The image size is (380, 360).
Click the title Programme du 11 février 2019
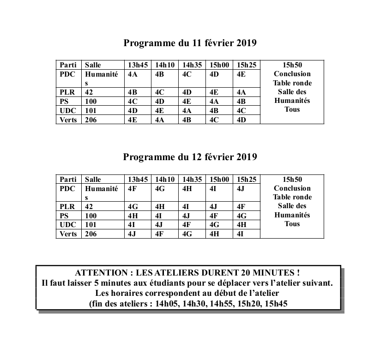point(190,43)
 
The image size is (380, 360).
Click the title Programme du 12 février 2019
point(190,157)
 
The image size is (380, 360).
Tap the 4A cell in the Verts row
point(160,120)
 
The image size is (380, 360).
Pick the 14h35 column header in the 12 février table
point(192,179)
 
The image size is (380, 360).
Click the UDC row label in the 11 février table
point(67,111)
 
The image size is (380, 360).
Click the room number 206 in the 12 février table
point(90,234)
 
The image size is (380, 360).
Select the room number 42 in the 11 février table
point(89,92)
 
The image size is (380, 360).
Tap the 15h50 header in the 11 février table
point(292,65)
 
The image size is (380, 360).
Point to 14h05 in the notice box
point(169,303)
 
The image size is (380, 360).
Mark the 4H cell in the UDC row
point(241,225)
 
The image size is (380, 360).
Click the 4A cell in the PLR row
point(241,92)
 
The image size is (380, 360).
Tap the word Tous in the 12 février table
point(292,224)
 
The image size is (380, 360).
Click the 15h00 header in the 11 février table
point(219,65)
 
